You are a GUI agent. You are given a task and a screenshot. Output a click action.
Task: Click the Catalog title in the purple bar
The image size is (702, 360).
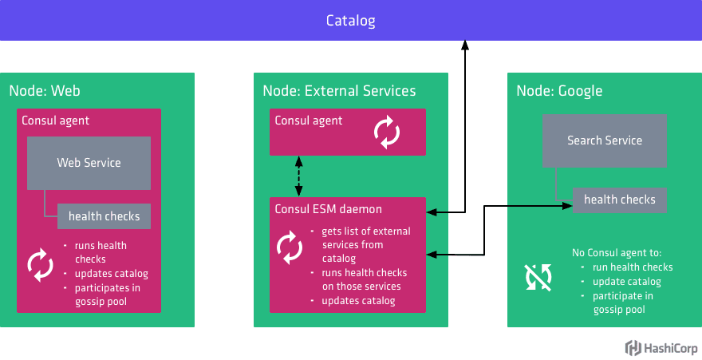350,20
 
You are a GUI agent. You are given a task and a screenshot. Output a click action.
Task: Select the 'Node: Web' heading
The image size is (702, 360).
45,91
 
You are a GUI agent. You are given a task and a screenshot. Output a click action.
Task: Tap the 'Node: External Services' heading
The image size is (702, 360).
339,91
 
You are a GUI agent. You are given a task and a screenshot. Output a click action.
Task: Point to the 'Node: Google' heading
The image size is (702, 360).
559,91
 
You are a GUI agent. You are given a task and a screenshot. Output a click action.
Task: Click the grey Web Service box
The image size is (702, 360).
89,163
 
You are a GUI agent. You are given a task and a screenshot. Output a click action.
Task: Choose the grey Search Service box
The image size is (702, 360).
604,140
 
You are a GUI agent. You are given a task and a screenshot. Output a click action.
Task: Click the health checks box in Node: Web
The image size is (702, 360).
104,216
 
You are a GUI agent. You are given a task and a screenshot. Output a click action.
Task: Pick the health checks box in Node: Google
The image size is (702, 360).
619,200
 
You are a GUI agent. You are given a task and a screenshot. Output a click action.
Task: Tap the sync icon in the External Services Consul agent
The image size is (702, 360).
387,133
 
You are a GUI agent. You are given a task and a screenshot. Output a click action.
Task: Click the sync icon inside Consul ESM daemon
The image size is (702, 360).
290,247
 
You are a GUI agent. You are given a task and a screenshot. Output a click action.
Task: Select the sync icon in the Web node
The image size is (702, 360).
40,264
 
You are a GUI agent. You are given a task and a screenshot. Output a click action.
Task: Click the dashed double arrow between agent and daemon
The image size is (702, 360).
299,176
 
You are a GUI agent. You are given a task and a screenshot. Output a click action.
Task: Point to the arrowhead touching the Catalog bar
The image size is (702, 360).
465,45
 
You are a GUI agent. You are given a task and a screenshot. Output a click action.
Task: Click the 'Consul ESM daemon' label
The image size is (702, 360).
328,210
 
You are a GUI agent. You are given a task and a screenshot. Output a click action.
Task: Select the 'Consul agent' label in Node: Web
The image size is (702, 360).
55,121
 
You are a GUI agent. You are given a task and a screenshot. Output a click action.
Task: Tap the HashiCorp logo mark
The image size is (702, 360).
633,348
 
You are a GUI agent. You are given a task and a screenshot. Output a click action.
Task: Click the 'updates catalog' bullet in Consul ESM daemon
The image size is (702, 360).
358,301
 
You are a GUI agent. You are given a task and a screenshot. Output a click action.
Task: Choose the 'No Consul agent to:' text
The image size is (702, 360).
611,253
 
